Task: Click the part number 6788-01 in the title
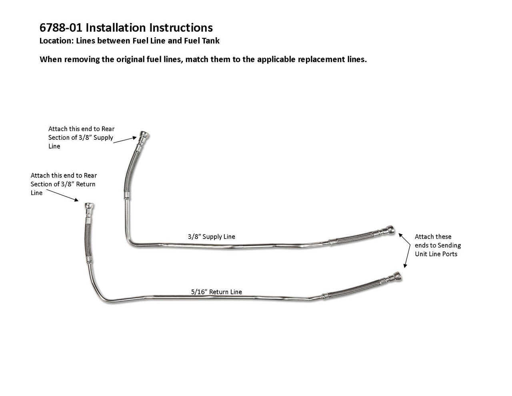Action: (x=61, y=28)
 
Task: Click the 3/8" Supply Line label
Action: (x=211, y=237)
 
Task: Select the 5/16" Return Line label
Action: (x=216, y=292)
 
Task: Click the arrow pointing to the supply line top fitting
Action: (x=125, y=139)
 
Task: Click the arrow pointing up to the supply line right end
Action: (x=405, y=239)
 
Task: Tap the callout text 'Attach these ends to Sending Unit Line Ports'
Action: (x=437, y=245)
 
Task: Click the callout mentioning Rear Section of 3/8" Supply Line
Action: (x=81, y=137)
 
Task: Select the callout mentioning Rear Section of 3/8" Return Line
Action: (x=64, y=184)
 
